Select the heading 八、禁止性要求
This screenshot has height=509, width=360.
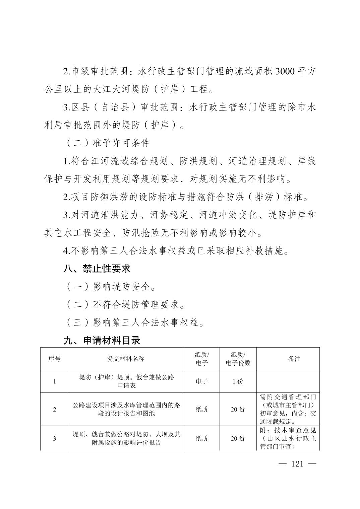[x=97, y=268]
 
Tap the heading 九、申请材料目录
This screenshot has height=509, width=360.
[x=102, y=341]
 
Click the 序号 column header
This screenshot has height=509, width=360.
[x=55, y=359]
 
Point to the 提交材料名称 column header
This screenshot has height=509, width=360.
[x=126, y=359]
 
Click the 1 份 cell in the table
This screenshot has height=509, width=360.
[x=238, y=381]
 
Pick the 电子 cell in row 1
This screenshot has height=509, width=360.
[x=202, y=381]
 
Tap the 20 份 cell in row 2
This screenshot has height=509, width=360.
[x=238, y=409]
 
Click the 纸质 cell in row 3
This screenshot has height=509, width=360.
[x=202, y=438]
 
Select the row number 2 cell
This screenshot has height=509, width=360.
[x=55, y=409]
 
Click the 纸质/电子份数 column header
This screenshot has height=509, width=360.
[x=238, y=359]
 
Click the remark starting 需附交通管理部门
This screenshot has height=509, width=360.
[x=288, y=409]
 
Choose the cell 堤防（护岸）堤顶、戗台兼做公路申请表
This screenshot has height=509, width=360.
[x=126, y=381]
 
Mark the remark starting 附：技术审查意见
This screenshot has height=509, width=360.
[x=288, y=438]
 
